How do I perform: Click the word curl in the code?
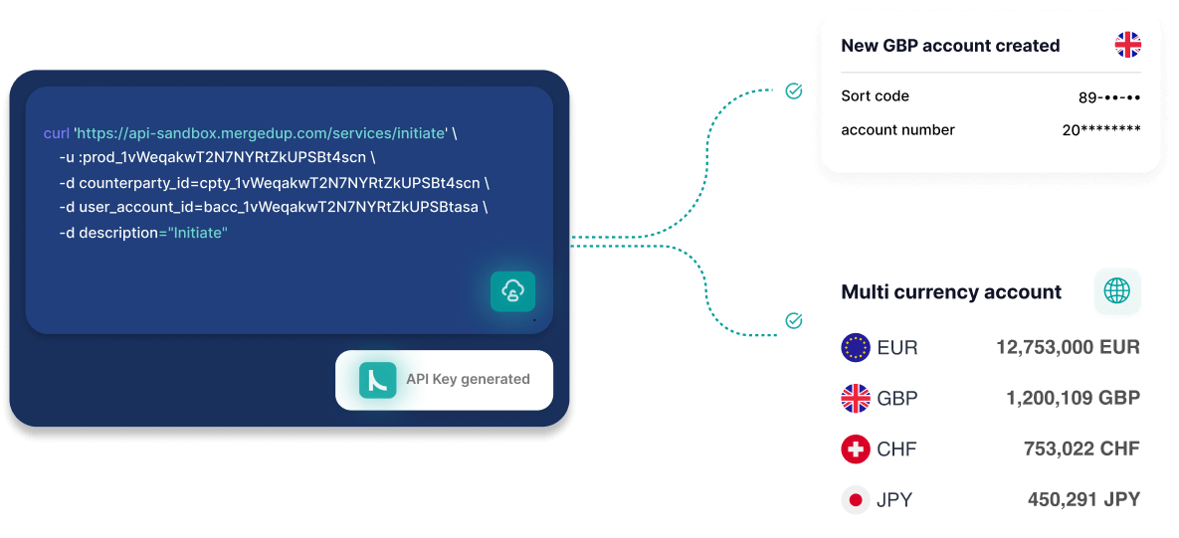[57, 132]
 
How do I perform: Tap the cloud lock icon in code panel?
[512, 291]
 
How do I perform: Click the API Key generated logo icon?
[378, 379]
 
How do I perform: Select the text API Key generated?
[468, 379]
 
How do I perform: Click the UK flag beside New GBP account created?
[1127, 45]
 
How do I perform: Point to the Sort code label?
[875, 96]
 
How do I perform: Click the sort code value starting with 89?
[1108, 97]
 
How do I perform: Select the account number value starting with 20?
[1100, 130]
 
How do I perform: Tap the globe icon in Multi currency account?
[1117, 291]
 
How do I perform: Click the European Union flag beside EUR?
[856, 347]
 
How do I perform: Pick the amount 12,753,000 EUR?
[1068, 347]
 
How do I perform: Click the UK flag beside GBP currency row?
[856, 399]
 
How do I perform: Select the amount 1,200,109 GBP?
[1073, 399]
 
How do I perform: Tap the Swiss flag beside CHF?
[856, 449]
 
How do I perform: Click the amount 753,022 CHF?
[1081, 449]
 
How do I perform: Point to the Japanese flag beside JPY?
[856, 500]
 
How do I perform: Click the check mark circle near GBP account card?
[794, 91]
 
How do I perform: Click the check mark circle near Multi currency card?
[794, 321]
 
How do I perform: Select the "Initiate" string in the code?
[198, 233]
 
